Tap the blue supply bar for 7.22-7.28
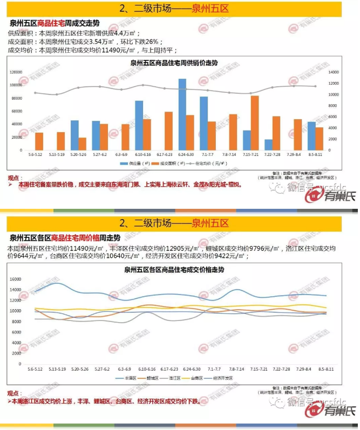coord(268,145)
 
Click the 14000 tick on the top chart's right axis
coord(333,72)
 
